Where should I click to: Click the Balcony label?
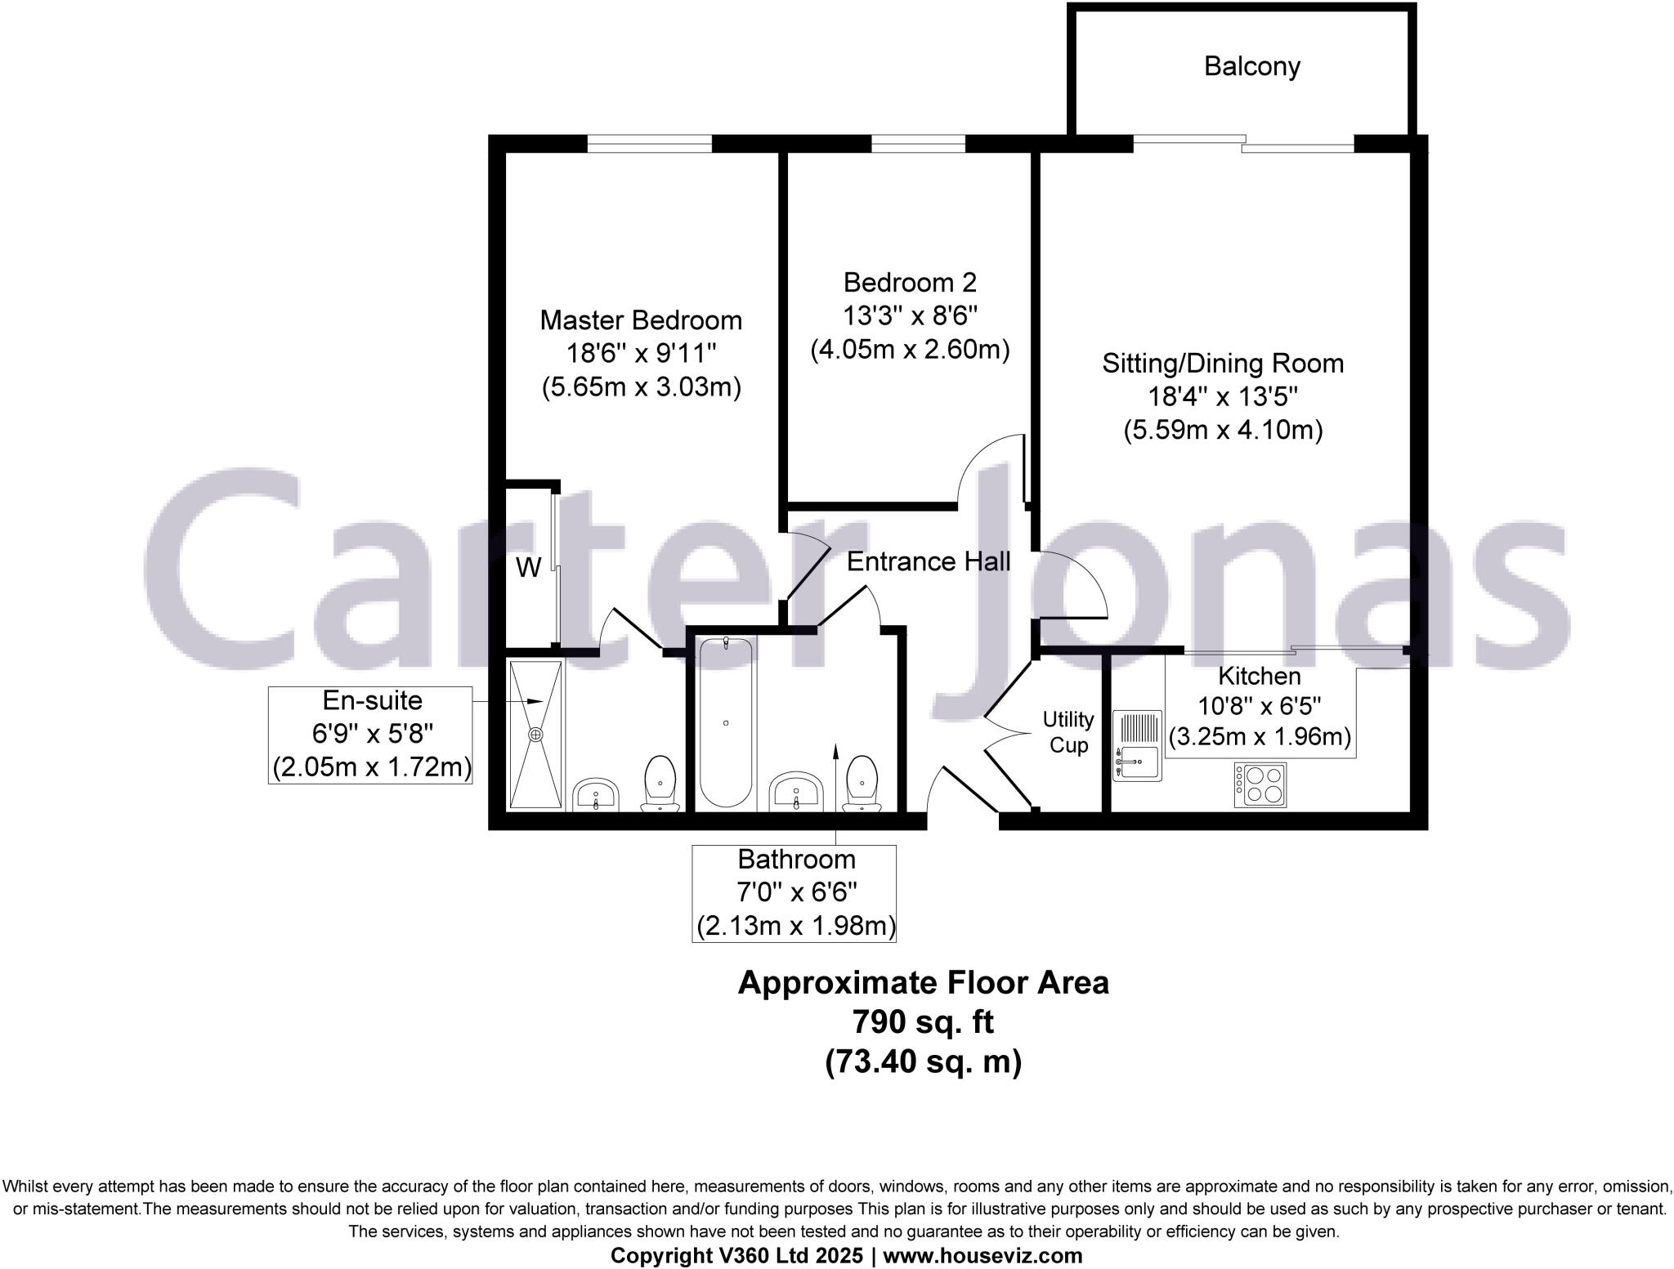1251,66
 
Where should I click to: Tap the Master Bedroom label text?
641,319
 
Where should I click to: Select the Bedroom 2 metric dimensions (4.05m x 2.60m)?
910,350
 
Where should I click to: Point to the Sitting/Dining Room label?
1223,363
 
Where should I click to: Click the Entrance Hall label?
928,561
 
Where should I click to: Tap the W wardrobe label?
528,567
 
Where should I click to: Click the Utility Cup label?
1068,732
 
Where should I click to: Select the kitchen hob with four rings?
1260,784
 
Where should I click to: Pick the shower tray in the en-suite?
536,734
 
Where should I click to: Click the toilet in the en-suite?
660,783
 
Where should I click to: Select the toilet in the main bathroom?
862,783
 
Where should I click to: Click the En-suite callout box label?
372,700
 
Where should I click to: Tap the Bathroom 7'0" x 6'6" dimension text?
796,892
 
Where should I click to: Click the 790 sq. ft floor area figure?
924,1021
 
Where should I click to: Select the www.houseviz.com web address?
982,1255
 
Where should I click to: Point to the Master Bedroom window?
650,145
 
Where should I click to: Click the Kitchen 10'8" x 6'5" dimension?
1259,705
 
